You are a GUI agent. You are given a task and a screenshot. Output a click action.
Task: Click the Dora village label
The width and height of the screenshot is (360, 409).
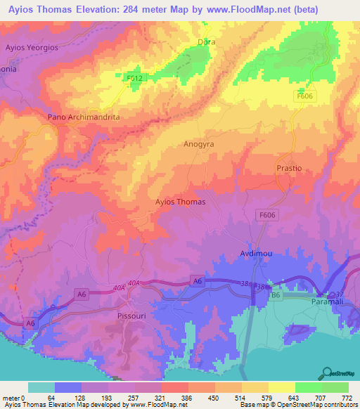(x=206, y=42)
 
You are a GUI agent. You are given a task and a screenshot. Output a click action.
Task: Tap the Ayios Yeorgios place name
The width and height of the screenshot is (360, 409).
(x=30, y=47)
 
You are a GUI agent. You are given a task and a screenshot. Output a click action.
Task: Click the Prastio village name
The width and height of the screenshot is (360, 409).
(x=288, y=169)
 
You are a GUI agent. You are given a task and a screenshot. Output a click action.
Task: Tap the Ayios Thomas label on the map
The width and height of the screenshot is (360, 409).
(x=180, y=202)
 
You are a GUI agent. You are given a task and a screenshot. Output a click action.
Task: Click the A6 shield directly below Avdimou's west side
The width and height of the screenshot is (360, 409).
(x=197, y=281)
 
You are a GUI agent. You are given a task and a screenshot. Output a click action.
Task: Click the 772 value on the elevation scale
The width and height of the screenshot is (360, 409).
(x=346, y=398)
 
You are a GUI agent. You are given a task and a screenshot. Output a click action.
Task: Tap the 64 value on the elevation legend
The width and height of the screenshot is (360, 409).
(x=51, y=398)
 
